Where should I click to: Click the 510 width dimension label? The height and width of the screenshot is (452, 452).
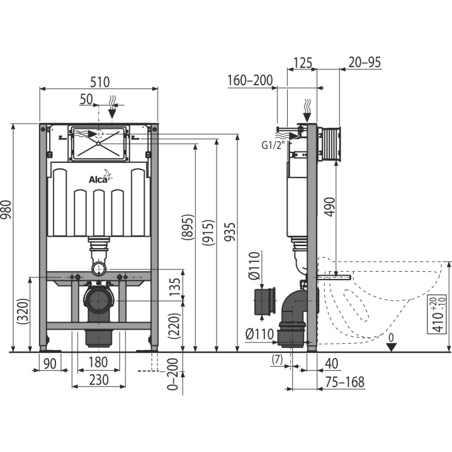coord(100,82)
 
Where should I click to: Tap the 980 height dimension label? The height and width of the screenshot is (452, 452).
coord(6,210)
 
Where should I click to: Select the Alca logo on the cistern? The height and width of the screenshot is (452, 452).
coord(100,177)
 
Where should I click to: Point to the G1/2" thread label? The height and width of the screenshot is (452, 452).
coord(273,145)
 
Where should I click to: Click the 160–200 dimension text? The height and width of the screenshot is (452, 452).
coord(250,80)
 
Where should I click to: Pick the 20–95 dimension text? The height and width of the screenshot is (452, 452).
coord(364,62)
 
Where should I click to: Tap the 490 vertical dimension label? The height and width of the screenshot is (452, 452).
coord(330,207)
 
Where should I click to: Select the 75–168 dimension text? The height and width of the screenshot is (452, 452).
coord(345,382)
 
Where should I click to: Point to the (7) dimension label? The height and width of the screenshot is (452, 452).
coord(277,359)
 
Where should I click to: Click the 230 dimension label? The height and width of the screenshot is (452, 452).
coord(99,380)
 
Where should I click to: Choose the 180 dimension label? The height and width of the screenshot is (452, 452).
coord(98,362)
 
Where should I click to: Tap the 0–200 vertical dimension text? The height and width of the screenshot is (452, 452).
coord(173,374)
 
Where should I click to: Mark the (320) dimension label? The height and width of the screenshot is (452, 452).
coord(23,311)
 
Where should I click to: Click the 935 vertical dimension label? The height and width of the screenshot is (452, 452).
coord(230,232)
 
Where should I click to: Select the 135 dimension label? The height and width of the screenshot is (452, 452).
coord(174,287)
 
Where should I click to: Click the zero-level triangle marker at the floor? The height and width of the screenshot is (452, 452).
coord(391,347)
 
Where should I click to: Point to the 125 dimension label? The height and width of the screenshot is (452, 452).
coord(302,63)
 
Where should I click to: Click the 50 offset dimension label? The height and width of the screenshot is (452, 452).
coord(86,99)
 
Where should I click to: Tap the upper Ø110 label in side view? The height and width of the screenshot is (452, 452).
coord(254,266)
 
